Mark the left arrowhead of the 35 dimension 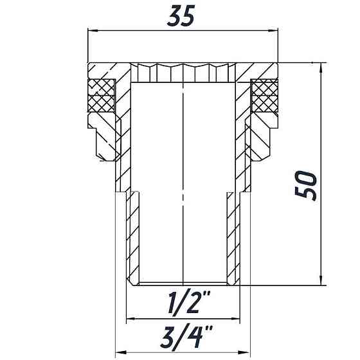point(90,30)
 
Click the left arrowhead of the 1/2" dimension point(129,317)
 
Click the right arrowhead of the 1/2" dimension point(237,317)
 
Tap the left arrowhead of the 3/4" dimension point(118,352)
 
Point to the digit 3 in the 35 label point(174,15)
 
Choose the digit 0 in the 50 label point(308,177)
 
